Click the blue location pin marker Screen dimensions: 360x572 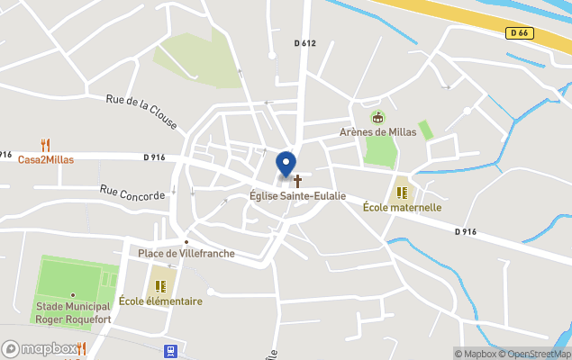pyautogui.click(x=286, y=165)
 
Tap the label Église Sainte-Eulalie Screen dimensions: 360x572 pyautogui.click(x=297, y=195)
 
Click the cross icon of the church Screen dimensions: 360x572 pyautogui.click(x=297, y=181)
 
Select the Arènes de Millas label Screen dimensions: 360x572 pyautogui.click(x=377, y=132)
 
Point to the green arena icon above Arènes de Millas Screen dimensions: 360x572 pyautogui.click(x=377, y=117)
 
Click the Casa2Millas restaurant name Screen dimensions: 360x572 pyautogui.click(x=46, y=159)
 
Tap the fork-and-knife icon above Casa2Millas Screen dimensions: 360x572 pyautogui.click(x=45, y=145)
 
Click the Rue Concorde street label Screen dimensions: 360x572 pyautogui.click(x=132, y=193)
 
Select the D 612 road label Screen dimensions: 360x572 pyautogui.click(x=305, y=43)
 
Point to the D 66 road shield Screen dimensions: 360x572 pyautogui.click(x=518, y=33)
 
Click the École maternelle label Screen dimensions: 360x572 pyautogui.click(x=402, y=207)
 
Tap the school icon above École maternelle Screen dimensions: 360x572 pyautogui.click(x=402, y=192)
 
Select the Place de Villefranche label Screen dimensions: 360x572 pyautogui.click(x=186, y=254)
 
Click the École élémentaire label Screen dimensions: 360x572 pyautogui.click(x=160, y=301)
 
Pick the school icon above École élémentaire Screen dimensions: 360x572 pyautogui.click(x=160, y=286)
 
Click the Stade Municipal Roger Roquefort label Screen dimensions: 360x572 pyautogui.click(x=73, y=311)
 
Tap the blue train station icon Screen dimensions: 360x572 pyautogui.click(x=168, y=351)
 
